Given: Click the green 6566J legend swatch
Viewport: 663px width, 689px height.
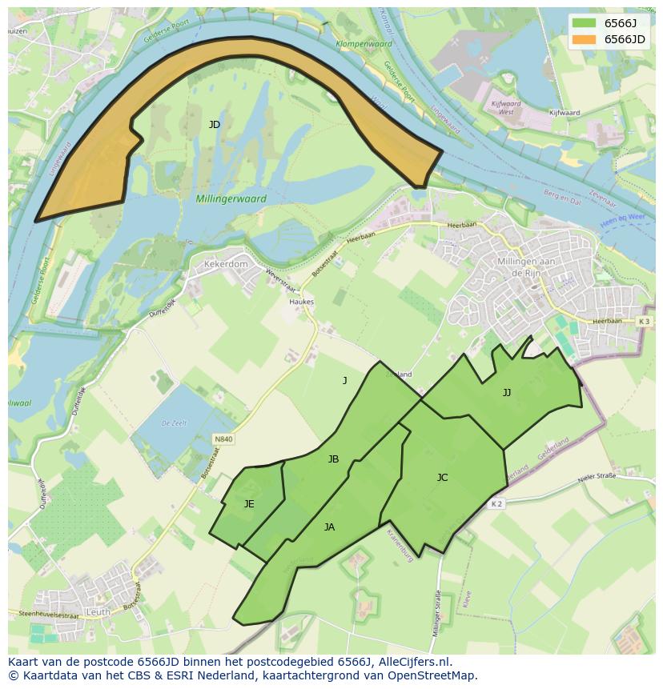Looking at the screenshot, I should [x=585, y=22].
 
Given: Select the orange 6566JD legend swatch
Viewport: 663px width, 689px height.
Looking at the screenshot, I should [x=585, y=39].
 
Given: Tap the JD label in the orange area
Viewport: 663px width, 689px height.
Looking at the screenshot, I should [x=214, y=125].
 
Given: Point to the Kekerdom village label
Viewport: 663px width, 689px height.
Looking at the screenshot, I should [x=227, y=263].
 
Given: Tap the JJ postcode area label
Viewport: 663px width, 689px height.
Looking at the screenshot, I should [x=506, y=392].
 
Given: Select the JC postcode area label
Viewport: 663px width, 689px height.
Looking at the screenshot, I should [x=442, y=478].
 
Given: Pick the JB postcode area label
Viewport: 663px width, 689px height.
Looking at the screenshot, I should [x=333, y=459].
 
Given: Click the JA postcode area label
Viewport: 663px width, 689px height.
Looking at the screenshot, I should [x=329, y=527].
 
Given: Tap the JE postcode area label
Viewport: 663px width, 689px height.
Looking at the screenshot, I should [x=249, y=504].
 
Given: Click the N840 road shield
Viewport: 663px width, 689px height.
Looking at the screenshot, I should [x=223, y=439].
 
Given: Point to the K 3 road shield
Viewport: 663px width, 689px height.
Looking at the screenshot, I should [x=644, y=321].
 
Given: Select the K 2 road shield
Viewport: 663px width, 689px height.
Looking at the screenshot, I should [x=496, y=503].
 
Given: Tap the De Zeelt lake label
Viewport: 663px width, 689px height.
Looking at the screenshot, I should [x=173, y=423].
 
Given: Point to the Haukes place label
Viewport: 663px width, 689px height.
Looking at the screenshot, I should [x=301, y=302].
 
